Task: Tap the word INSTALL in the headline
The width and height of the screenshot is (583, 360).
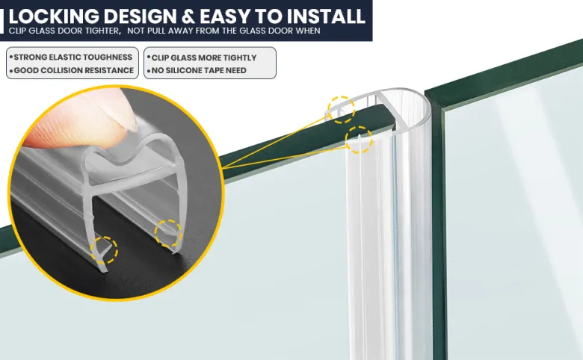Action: pos(326,16)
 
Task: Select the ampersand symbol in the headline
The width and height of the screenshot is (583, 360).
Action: pos(188,16)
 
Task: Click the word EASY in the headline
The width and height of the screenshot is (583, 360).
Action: pos(225,16)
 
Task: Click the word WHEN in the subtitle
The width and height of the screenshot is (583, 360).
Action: pos(308,31)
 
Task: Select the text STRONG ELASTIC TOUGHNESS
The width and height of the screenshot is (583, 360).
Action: pos(73,58)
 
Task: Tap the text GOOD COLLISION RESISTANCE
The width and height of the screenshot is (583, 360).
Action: pos(73,70)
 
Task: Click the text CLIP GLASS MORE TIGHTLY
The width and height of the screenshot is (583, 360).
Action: pos(204,58)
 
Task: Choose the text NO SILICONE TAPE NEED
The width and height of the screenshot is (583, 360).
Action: pos(199,70)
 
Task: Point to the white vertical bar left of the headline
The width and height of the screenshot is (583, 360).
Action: pos(1,21)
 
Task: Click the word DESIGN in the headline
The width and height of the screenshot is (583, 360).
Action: pos(140,16)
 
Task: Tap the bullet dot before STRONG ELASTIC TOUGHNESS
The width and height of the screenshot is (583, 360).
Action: pos(11,58)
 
